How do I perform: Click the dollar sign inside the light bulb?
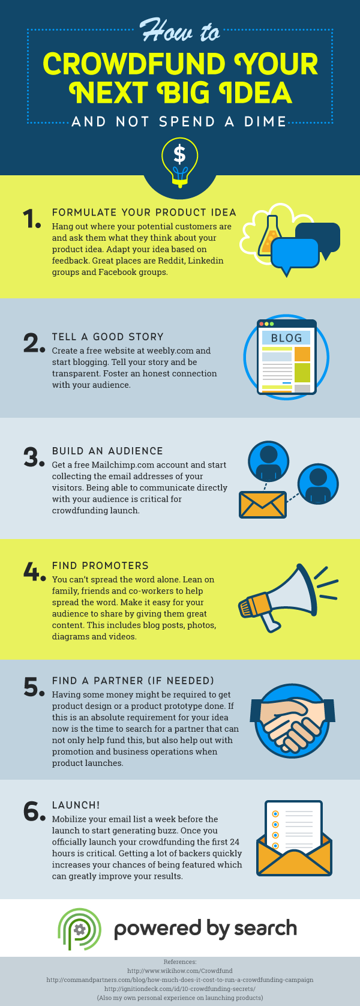click(179, 154)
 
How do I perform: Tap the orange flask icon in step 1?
click(268, 235)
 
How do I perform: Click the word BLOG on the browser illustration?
click(286, 338)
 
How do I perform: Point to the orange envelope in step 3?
click(263, 504)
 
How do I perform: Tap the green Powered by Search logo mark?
click(79, 929)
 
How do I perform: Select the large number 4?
click(34, 571)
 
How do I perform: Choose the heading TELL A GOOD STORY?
click(108, 337)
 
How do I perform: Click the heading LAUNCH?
click(76, 805)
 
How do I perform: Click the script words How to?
click(180, 31)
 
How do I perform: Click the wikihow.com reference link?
click(180, 971)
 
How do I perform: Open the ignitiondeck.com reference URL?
click(180, 989)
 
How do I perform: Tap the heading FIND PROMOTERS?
click(100, 565)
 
